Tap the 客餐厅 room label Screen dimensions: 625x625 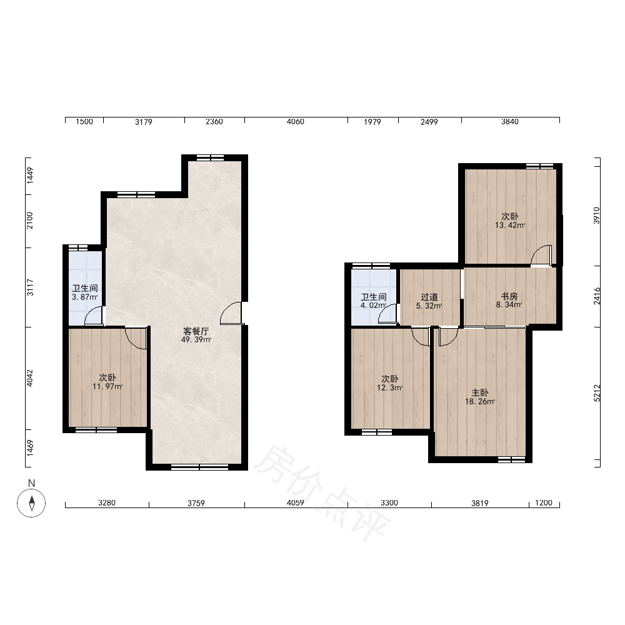coord(196,331)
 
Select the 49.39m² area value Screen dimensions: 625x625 coord(196,339)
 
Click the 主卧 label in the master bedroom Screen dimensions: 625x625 coord(480,393)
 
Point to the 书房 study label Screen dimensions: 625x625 coord(509,296)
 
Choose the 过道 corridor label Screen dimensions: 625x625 coord(429,297)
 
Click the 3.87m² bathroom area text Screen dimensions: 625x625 coord(84,297)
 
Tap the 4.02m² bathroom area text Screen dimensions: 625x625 coord(374,306)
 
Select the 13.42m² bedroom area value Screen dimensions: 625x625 coord(510,225)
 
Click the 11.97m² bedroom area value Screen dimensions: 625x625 coord(107,386)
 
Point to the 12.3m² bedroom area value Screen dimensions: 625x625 coord(389,387)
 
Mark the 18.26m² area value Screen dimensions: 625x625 coord(480,401)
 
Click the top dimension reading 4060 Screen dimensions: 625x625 coord(296,121)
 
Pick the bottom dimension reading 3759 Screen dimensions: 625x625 coord(196,503)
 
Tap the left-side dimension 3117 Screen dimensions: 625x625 coord(30,287)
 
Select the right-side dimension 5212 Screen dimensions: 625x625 coord(597,393)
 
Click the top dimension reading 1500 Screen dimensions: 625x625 coord(84,121)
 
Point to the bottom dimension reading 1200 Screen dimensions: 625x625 coord(544,502)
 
